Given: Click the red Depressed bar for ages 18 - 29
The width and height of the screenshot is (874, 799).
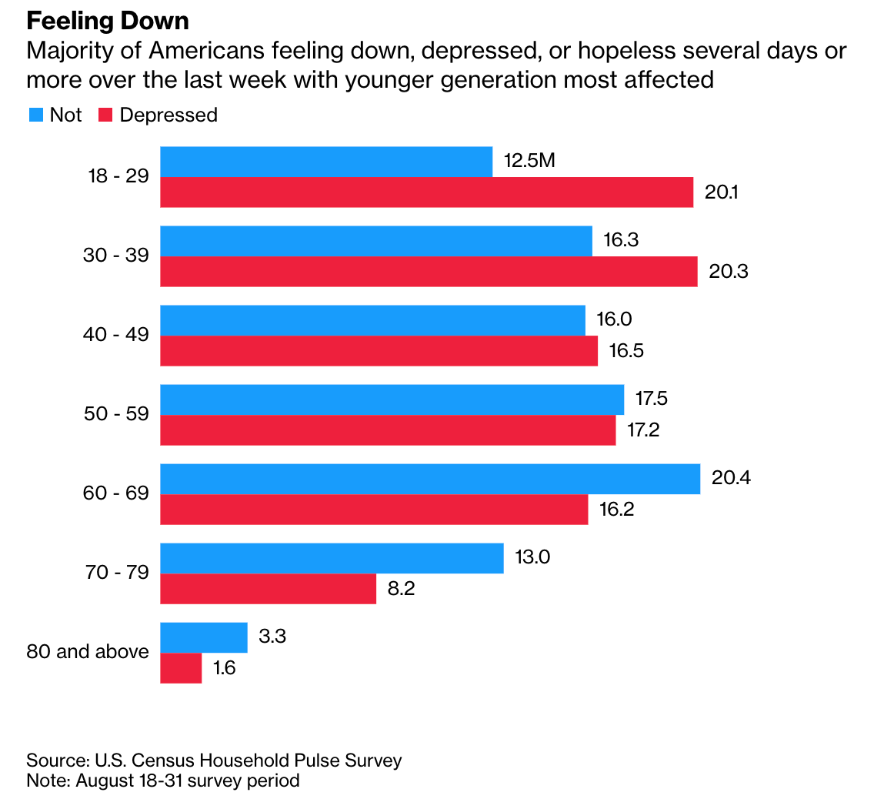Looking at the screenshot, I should pyautogui.click(x=426, y=192).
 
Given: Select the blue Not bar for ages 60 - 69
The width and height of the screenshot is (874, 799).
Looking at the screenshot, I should pyautogui.click(x=429, y=479).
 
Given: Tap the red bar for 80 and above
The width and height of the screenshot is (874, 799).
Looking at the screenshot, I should pyautogui.click(x=181, y=667).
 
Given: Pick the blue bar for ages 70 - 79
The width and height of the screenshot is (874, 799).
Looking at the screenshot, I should pyautogui.click(x=332, y=558).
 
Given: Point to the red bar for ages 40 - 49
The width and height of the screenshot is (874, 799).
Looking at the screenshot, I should pyautogui.click(x=379, y=351).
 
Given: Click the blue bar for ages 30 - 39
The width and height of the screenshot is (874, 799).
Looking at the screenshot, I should pyautogui.click(x=375, y=241).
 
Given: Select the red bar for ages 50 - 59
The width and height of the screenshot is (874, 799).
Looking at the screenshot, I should pyautogui.click(x=388, y=430).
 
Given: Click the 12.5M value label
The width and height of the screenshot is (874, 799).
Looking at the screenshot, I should pyautogui.click(x=529, y=162).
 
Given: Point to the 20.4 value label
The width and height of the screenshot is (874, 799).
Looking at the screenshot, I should pyautogui.click(x=731, y=478).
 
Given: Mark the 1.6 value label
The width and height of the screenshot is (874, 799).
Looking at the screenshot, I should pyautogui.click(x=224, y=667).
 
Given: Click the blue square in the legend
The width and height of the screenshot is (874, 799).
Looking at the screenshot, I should pyautogui.click(x=36, y=115).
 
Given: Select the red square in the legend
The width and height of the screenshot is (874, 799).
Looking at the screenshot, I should pyautogui.click(x=106, y=115).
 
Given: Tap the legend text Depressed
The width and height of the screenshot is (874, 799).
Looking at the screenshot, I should pyautogui.click(x=168, y=115).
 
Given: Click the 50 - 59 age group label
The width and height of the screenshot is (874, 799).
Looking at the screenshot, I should pyautogui.click(x=115, y=415).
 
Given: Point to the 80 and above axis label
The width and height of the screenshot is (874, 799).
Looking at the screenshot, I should pyautogui.click(x=88, y=652).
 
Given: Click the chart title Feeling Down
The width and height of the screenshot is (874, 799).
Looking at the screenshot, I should pyautogui.click(x=108, y=20).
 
